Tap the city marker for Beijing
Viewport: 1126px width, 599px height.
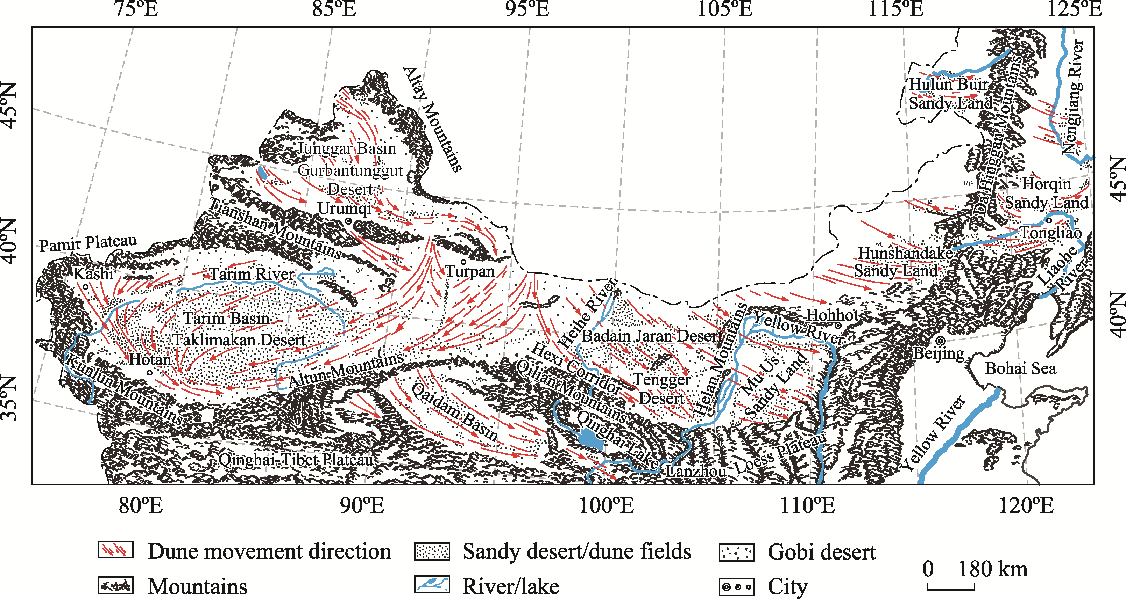coord(941,341)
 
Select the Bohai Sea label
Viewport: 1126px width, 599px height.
coord(1020,368)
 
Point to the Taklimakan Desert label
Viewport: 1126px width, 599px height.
coord(240,339)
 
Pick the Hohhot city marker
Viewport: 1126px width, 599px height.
coord(838,325)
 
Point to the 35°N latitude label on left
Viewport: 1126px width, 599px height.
coord(9,398)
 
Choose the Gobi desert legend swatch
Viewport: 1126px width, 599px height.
coord(737,552)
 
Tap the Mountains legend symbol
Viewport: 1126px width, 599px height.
coord(115,585)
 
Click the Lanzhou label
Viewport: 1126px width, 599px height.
coord(696,471)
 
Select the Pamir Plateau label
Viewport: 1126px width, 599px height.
coord(88,243)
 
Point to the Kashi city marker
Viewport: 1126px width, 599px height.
coord(86,287)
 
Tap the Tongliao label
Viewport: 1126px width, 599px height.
coord(1051,232)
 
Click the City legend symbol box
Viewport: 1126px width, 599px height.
coord(737,586)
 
